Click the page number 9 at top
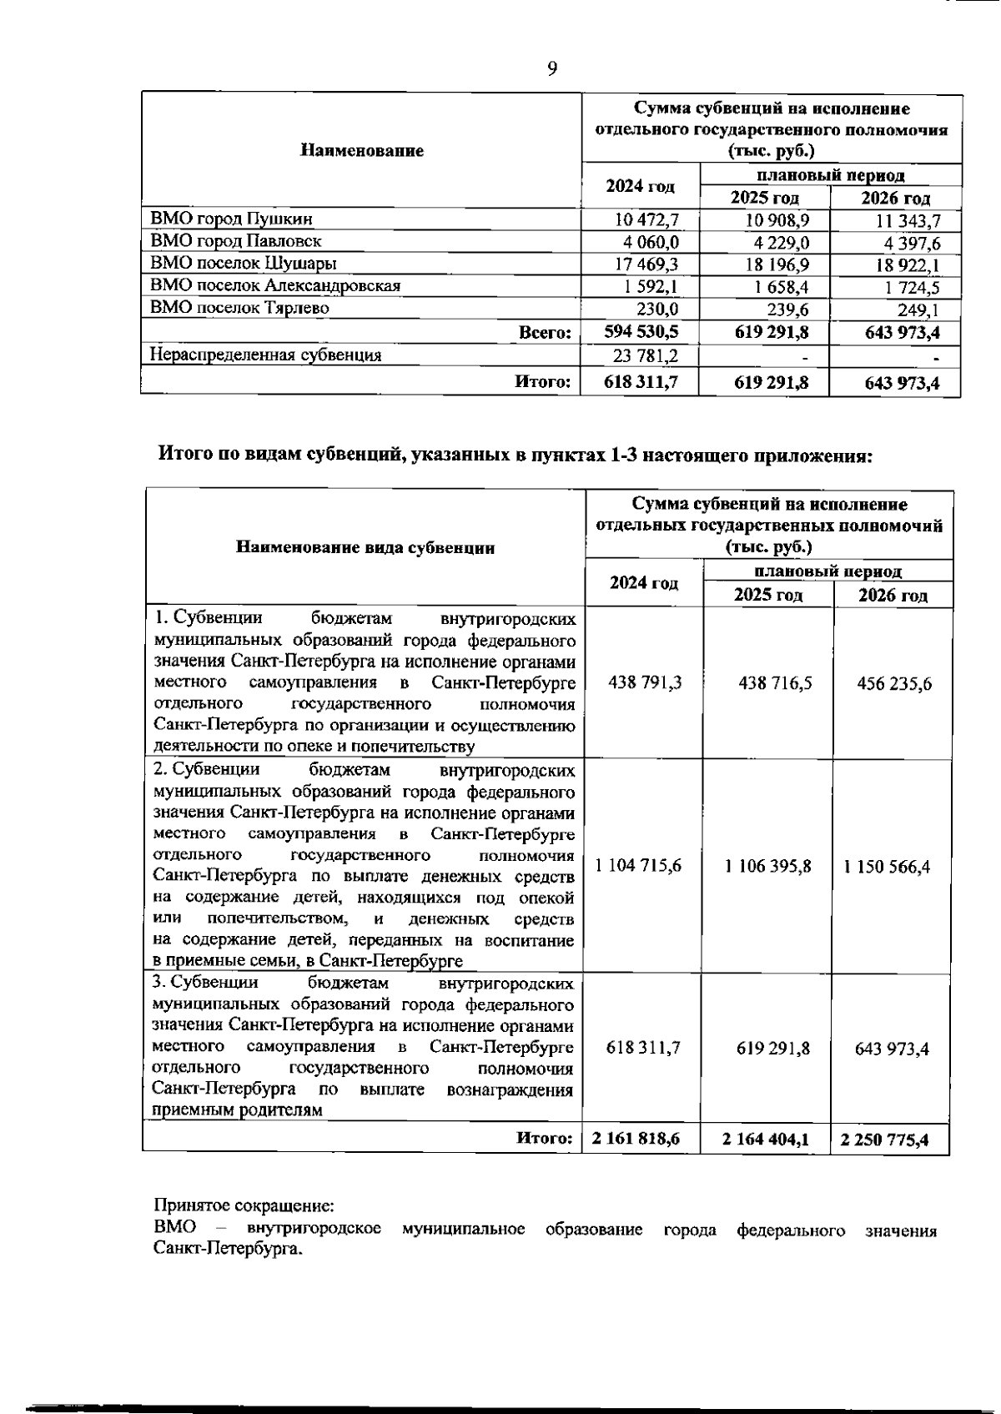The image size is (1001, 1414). click(x=552, y=68)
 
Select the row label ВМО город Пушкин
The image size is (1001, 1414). click(x=232, y=219)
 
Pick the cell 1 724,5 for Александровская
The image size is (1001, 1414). click(x=905, y=288)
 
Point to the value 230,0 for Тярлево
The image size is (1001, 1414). click(x=657, y=309)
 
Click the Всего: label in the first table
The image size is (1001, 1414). click(x=544, y=332)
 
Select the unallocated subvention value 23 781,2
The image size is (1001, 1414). click(x=645, y=355)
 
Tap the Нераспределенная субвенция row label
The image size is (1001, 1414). click(x=265, y=355)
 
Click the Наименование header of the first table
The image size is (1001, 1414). click(x=361, y=151)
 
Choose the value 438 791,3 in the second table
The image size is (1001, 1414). click(x=645, y=682)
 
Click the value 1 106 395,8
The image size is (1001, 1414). click(x=767, y=866)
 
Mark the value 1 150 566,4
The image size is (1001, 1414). click(x=892, y=866)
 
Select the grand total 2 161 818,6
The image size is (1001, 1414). click(x=636, y=1139)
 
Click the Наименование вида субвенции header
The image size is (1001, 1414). click(x=365, y=548)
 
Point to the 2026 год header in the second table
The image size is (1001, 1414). click(x=893, y=596)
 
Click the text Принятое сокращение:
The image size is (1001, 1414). click(x=244, y=1206)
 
